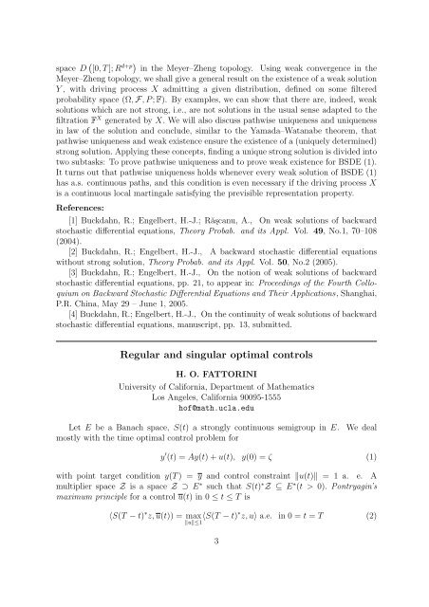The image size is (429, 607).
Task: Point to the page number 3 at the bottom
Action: point(214,568)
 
